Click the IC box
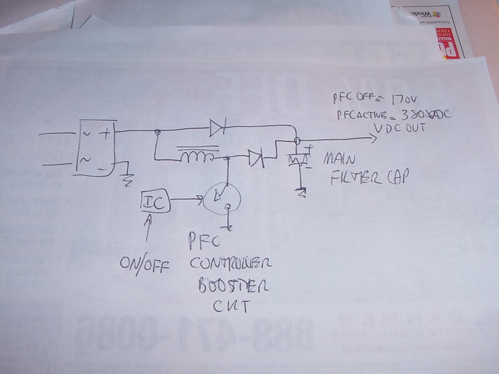point(155,202)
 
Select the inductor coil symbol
point(197,156)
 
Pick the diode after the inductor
point(255,158)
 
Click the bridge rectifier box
point(96,147)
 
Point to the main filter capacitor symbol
point(298,161)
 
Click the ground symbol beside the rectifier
point(128,180)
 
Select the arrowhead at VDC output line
point(373,139)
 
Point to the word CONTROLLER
point(230,263)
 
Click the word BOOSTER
point(233,286)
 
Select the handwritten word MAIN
point(339,159)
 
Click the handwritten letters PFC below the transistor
point(204,240)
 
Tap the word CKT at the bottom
point(232,307)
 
